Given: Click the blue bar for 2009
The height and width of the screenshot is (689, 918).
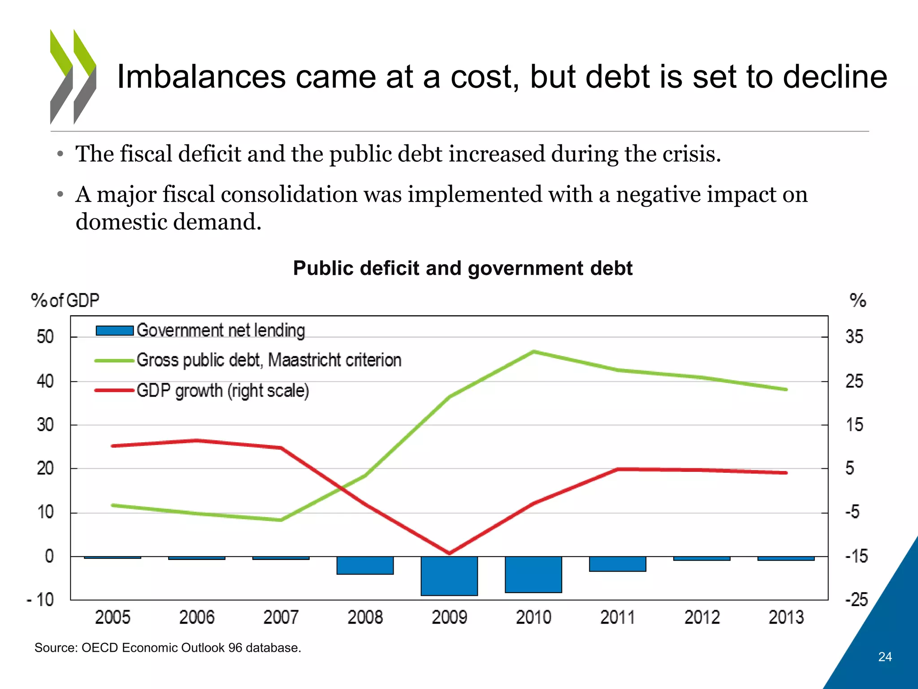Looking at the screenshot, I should tap(449, 576).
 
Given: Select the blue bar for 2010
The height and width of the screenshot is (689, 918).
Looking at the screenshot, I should tap(533, 575).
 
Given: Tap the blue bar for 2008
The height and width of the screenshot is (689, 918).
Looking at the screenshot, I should tap(365, 565).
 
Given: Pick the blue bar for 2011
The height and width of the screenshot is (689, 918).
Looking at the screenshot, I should tap(617, 564).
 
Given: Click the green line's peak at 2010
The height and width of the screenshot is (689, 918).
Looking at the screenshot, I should tap(533, 352).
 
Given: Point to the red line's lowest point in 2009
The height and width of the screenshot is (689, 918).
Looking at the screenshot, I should tap(449, 553).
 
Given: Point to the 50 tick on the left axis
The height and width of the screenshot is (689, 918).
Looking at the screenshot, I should tap(45, 336).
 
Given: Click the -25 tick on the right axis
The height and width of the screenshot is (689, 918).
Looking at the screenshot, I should tap(857, 600).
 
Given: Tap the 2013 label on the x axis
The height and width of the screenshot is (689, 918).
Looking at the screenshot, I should tap(786, 617).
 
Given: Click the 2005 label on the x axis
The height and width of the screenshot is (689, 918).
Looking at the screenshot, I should tap(113, 617).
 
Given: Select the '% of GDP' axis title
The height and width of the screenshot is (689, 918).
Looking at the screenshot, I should tap(65, 300).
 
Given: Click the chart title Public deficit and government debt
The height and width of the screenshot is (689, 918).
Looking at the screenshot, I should tap(463, 268).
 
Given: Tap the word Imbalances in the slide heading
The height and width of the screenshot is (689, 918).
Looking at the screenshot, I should tap(201, 77).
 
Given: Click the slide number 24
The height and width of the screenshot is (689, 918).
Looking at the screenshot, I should tap(885, 657).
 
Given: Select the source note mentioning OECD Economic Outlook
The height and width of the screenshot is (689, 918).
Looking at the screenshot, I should tap(168, 648).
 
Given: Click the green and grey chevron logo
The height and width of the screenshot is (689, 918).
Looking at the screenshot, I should tap(73, 77).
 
